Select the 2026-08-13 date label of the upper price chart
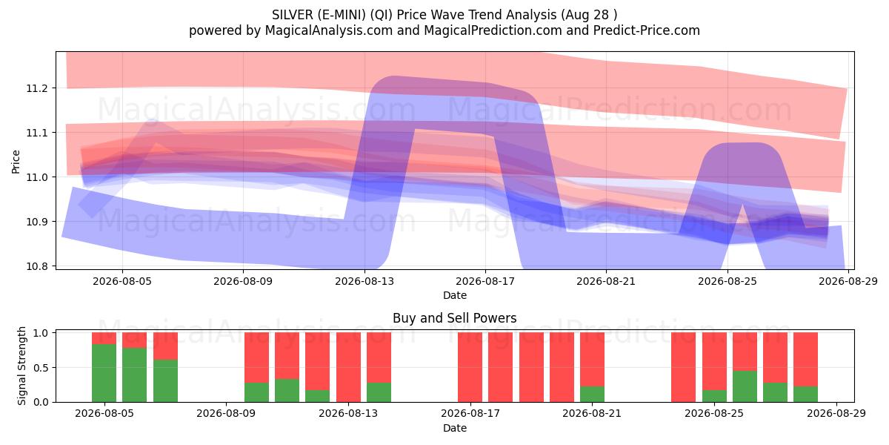point(364,282)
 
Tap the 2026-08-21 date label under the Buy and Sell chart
point(592,414)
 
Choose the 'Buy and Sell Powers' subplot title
point(455,318)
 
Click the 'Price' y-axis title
point(16,162)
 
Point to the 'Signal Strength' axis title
point(21,366)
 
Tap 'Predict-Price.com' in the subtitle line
point(647,30)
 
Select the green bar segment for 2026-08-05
point(104,373)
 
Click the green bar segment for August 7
point(165,381)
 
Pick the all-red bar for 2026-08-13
point(348,367)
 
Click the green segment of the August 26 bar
point(745,386)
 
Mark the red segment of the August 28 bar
point(806,359)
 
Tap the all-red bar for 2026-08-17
point(470,367)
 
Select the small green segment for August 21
point(592,394)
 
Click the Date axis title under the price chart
point(455,296)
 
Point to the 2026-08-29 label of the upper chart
point(848,282)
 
